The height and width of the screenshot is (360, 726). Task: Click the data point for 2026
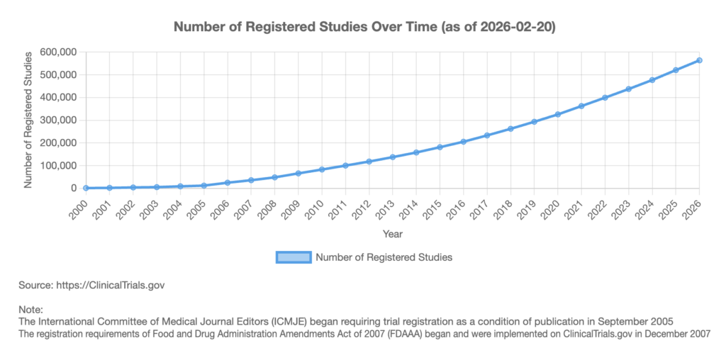pos(699,60)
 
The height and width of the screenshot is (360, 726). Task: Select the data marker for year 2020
pos(557,114)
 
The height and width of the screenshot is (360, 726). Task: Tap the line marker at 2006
pos(228,182)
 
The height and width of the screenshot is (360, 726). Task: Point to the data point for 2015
pos(440,147)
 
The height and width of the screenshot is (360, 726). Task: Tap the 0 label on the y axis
pos(72,188)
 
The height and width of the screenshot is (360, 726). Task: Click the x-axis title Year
pos(393,233)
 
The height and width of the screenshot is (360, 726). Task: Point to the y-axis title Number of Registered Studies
pos(29,120)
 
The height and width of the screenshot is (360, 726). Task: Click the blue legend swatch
pos(293,257)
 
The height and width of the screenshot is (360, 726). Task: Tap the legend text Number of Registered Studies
pos(384,257)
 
